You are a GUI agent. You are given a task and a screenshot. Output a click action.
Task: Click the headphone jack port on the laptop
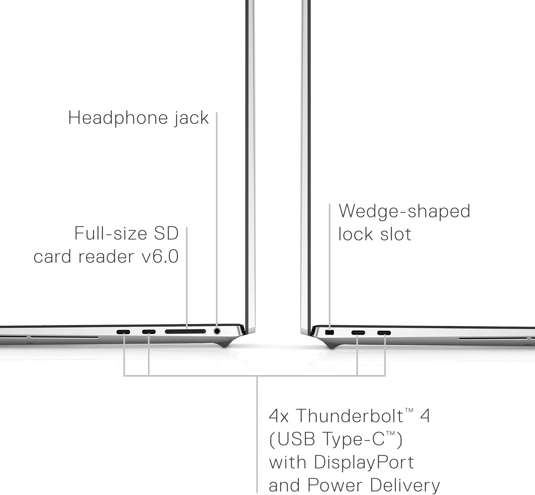[216, 331]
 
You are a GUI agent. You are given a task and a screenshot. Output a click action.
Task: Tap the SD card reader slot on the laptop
[185, 331]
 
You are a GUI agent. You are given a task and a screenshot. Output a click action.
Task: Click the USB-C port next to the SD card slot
[149, 332]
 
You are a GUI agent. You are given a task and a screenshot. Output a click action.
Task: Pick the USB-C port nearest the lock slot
[358, 333]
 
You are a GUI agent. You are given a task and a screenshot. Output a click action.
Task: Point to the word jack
[191, 118]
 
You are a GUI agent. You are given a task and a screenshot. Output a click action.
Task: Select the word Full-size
[111, 233]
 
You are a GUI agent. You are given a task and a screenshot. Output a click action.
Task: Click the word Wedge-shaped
[404, 211]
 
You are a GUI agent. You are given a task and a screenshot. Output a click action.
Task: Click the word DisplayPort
[364, 462]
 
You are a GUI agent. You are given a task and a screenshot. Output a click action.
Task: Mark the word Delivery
[404, 485]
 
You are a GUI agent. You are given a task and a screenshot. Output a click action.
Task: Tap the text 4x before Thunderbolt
[279, 416]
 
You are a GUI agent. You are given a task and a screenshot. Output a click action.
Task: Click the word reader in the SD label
[106, 256]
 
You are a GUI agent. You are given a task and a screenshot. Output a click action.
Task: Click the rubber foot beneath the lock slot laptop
[332, 345]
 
